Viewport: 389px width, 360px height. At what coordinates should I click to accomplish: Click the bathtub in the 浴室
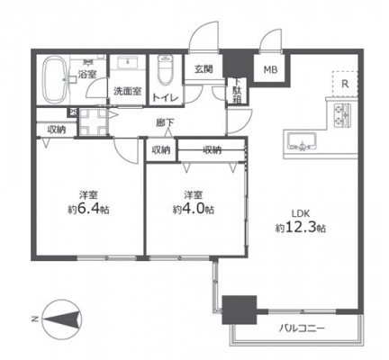pyautogui.click(x=54, y=79)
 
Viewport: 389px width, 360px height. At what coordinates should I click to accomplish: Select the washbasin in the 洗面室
pyautogui.click(x=127, y=63)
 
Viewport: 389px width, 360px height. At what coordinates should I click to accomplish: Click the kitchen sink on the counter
pyautogui.click(x=302, y=141)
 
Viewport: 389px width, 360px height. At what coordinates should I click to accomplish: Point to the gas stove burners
pyautogui.click(x=342, y=115)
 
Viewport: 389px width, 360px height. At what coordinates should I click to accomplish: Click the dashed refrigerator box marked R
pyautogui.click(x=345, y=84)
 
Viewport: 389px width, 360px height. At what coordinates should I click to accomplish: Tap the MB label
pyautogui.click(x=270, y=70)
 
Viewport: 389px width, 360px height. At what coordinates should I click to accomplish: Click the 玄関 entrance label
pyautogui.click(x=204, y=69)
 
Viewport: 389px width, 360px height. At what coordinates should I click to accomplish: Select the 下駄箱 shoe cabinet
pyautogui.click(x=237, y=91)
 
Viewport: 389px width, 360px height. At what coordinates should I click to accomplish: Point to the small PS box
pyautogui.click(x=72, y=112)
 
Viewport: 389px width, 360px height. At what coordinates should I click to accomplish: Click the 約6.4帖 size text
pyautogui.click(x=88, y=210)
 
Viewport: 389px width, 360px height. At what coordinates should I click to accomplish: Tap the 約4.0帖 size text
pyautogui.click(x=193, y=210)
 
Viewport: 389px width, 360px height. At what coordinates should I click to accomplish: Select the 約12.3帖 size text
pyautogui.click(x=301, y=229)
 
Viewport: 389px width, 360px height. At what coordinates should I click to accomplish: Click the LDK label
pyautogui.click(x=301, y=213)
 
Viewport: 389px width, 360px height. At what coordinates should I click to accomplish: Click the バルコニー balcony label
pyautogui.click(x=302, y=328)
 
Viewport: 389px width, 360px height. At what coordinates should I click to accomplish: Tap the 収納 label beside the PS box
pyautogui.click(x=57, y=130)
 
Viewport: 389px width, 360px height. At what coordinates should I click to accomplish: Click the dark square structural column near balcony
pyautogui.click(x=240, y=310)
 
